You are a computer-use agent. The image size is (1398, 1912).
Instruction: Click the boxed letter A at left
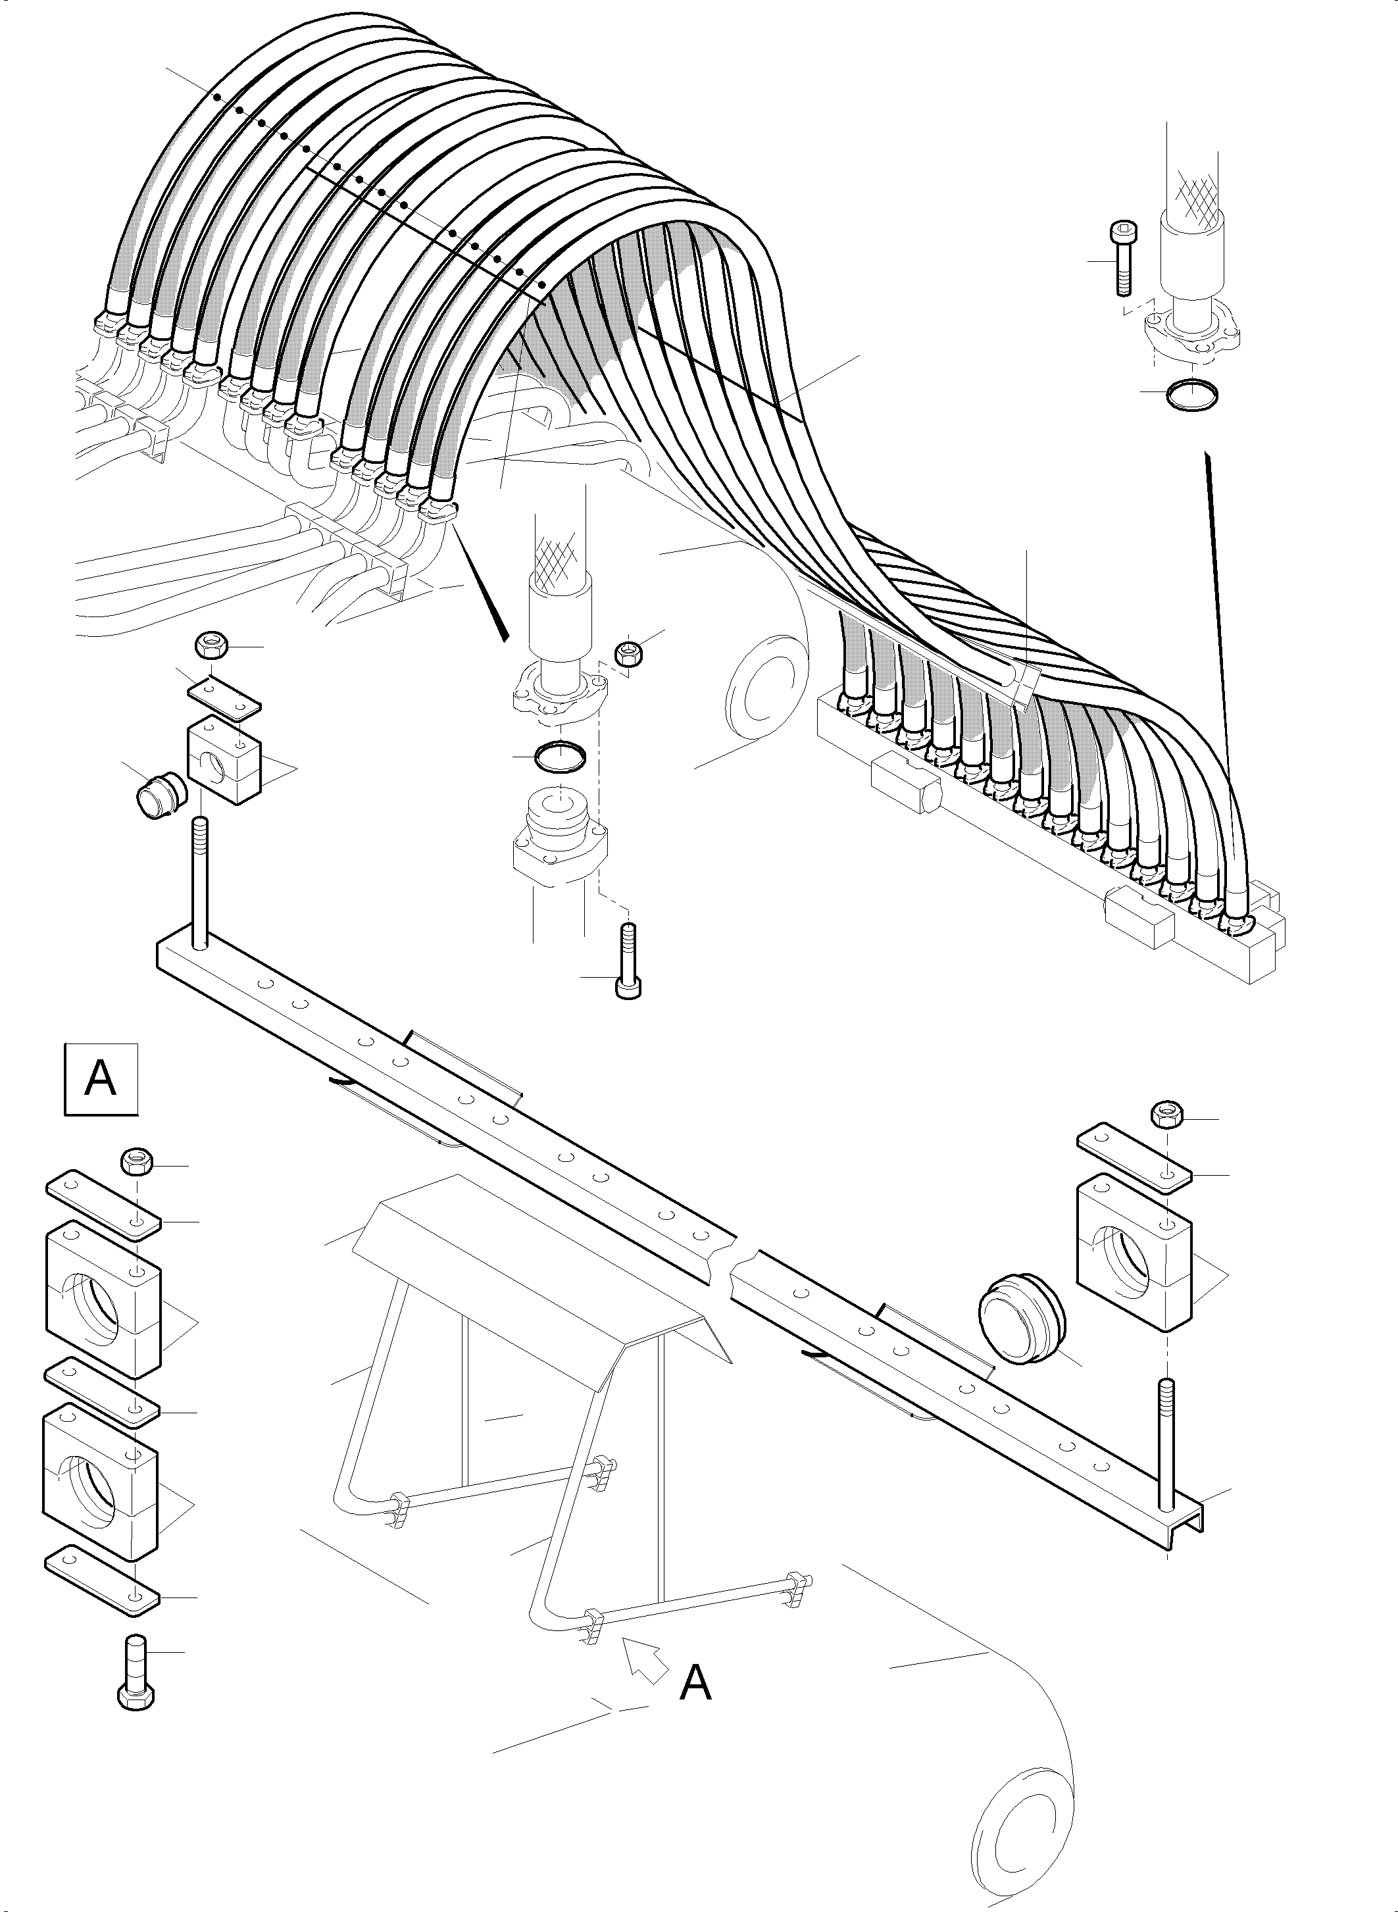pos(101,1080)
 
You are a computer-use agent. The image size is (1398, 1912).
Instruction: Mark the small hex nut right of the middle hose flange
pos(627,654)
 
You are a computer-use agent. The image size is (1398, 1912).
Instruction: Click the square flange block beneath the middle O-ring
pos(558,840)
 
